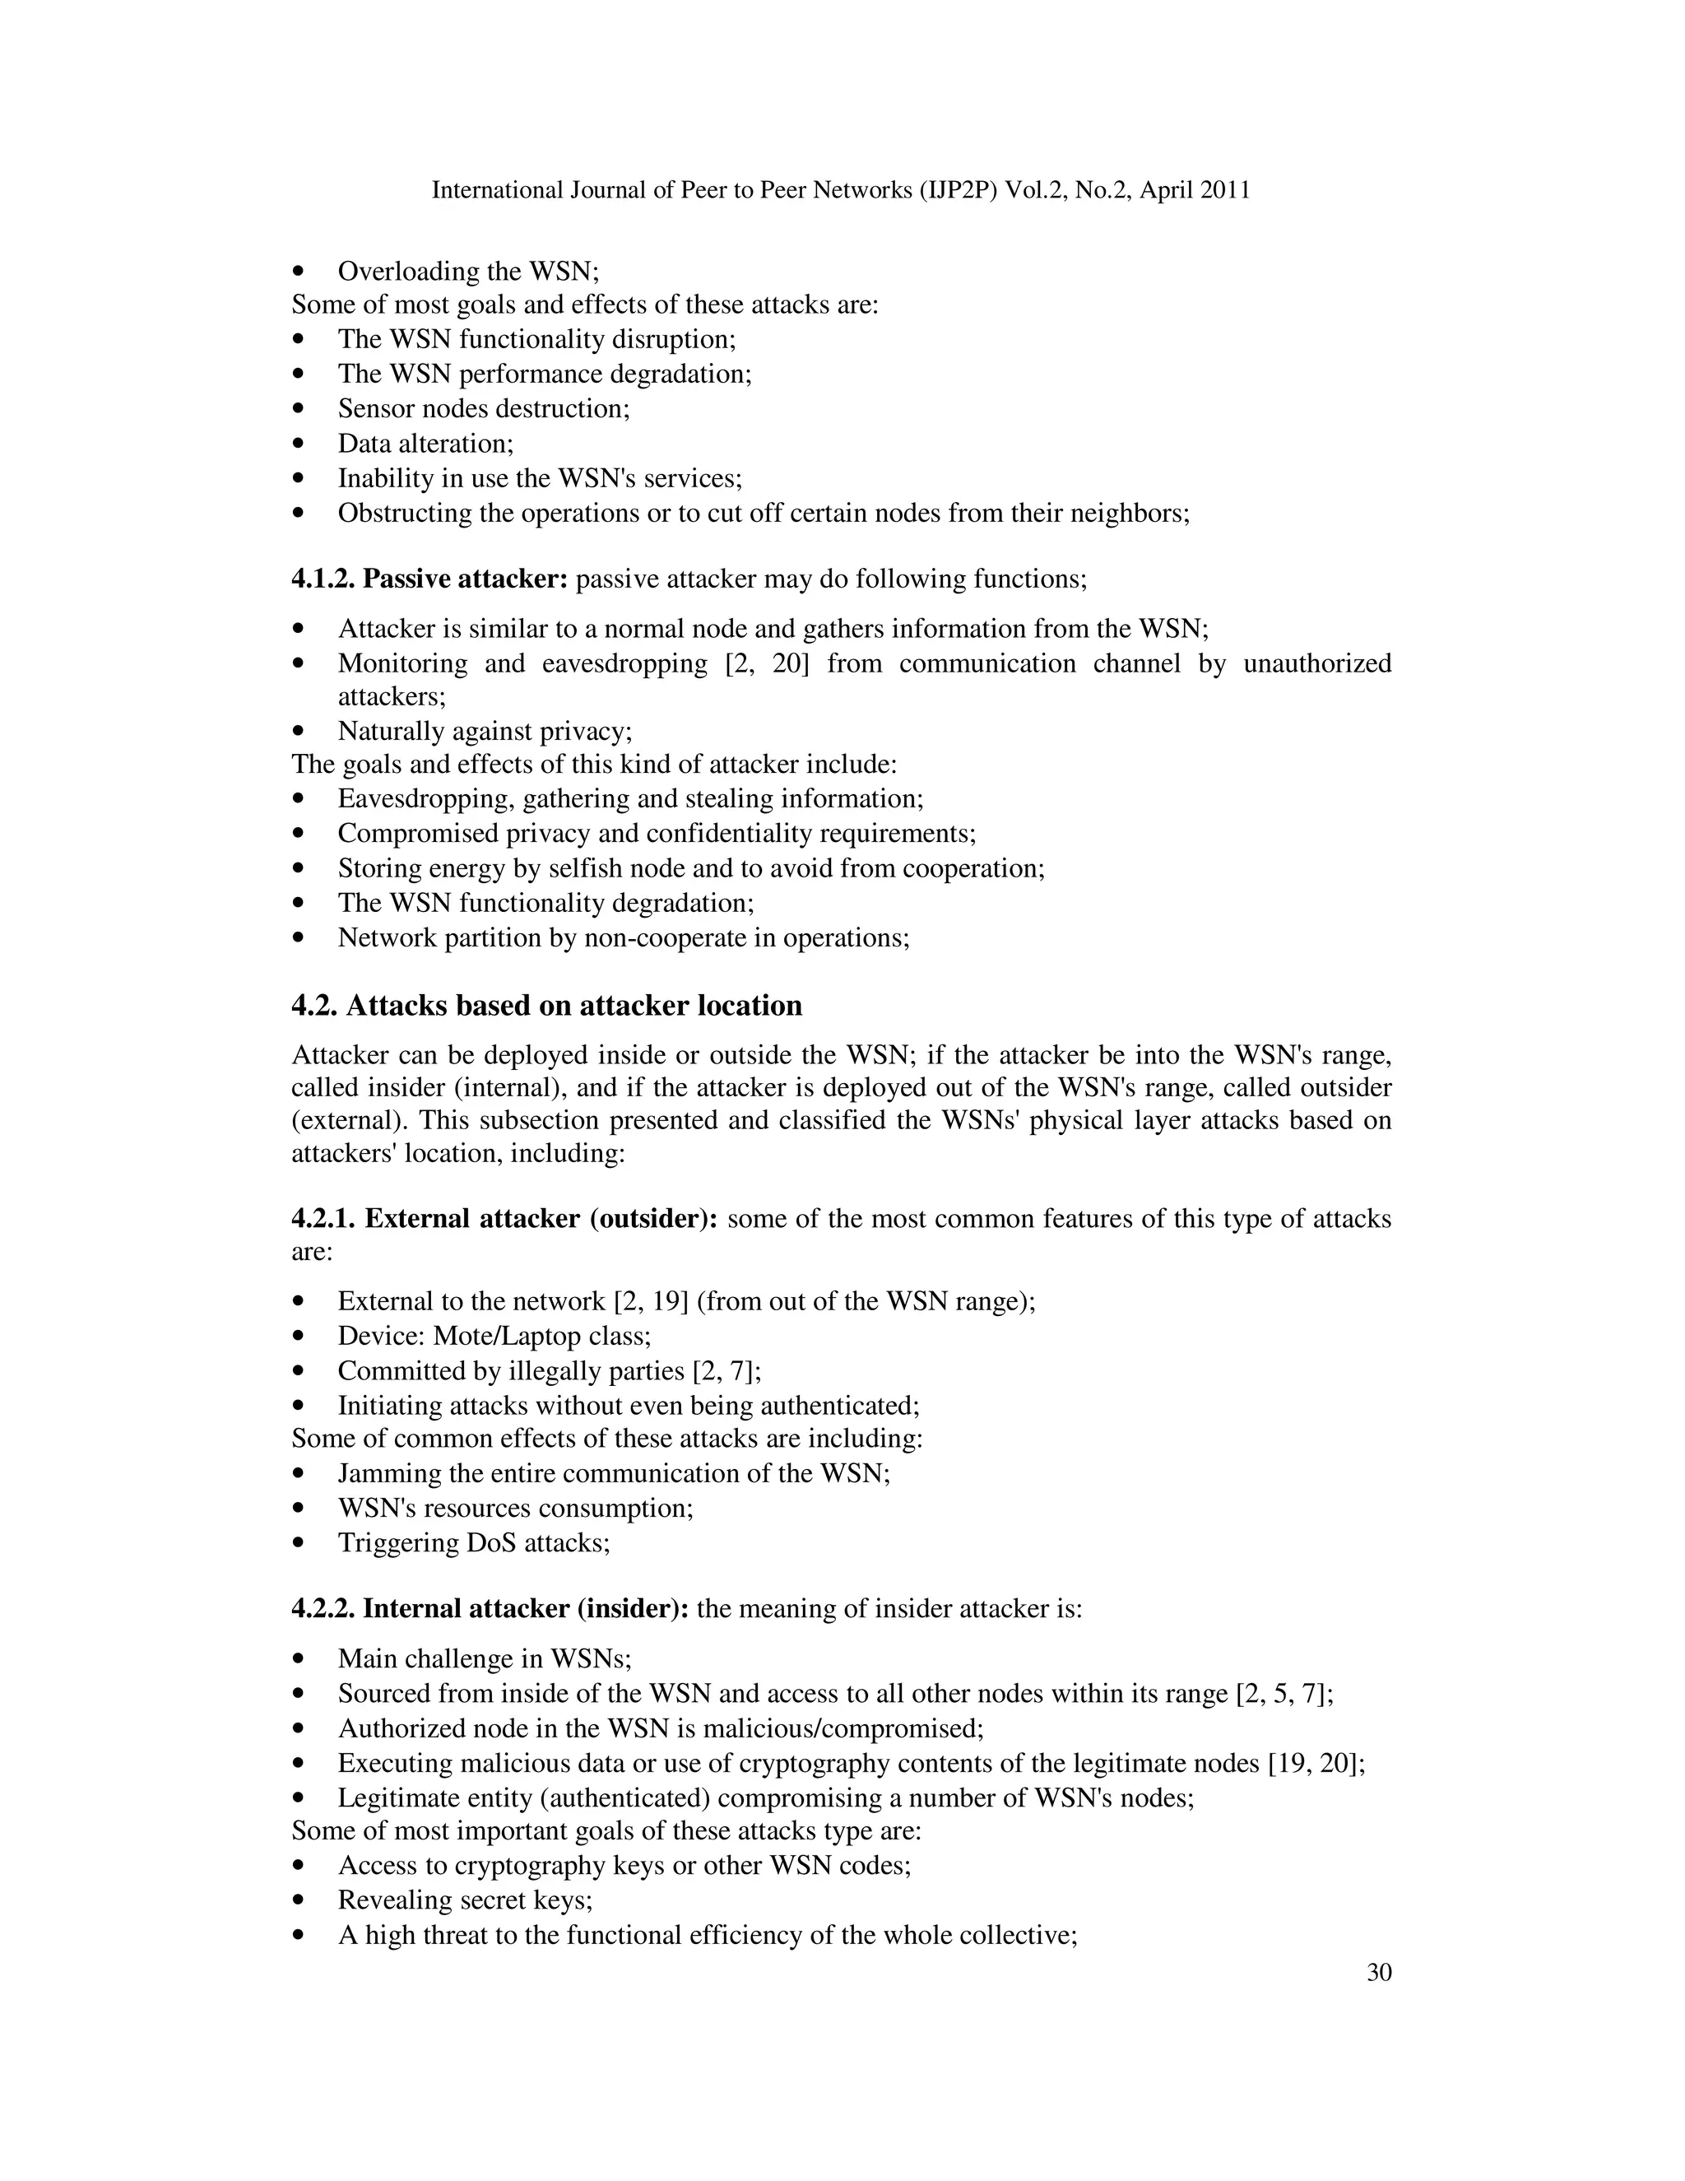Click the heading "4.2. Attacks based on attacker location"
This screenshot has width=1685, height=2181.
click(x=546, y=1006)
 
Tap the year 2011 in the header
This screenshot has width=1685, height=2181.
click(x=1225, y=191)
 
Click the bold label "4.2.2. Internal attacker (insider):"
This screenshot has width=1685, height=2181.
click(x=490, y=1609)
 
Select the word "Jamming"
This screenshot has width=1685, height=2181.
click(x=385, y=1474)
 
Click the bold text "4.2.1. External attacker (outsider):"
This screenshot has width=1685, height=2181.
click(x=504, y=1220)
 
